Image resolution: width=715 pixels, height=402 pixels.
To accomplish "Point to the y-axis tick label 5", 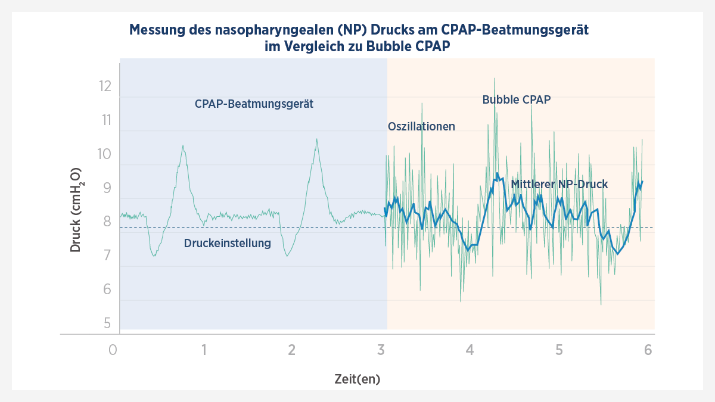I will click(107, 323).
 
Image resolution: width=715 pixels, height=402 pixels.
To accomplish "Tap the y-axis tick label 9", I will click(107, 188).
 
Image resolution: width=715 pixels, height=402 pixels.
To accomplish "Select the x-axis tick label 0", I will click(113, 350).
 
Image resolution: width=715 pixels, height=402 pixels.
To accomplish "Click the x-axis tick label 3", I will click(381, 350).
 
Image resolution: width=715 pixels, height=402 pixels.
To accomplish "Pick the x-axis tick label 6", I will click(648, 350).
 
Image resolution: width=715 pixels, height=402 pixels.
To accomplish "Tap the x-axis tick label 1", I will click(204, 350).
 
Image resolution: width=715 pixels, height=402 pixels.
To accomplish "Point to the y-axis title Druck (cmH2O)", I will click(76, 210).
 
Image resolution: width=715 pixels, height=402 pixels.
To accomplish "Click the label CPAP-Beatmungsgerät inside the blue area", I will click(254, 104).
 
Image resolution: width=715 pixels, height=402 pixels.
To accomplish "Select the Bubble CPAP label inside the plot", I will click(516, 99).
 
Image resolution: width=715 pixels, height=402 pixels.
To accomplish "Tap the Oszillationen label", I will click(421, 126).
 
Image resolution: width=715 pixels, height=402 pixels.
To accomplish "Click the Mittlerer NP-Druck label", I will click(559, 184).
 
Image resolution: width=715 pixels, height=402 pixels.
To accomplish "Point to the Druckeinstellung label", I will click(228, 243).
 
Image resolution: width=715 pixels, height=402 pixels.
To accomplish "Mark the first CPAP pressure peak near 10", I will click(183, 146).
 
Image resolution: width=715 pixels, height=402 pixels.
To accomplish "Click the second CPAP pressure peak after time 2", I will click(316, 139).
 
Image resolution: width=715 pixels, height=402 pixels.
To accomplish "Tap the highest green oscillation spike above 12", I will click(494, 79).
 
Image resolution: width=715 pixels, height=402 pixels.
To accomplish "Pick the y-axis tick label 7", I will click(107, 255).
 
